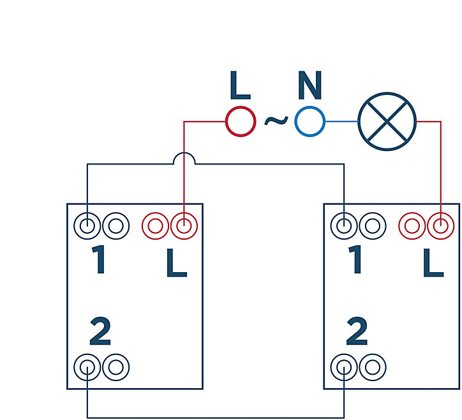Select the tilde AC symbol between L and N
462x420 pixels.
coord(276,120)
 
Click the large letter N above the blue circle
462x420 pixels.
coord(309,85)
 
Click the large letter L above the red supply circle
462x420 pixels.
coord(240,85)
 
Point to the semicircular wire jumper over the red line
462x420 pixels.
coord(184,153)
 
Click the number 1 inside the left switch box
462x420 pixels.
coord(100,259)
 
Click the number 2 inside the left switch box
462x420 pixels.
coord(100,331)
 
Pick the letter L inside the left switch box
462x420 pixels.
coord(177,263)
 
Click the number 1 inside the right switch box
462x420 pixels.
coord(356,259)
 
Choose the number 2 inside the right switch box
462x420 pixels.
coord(357,331)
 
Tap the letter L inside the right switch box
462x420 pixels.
coord(433,263)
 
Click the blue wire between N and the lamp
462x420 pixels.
coord(341,122)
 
